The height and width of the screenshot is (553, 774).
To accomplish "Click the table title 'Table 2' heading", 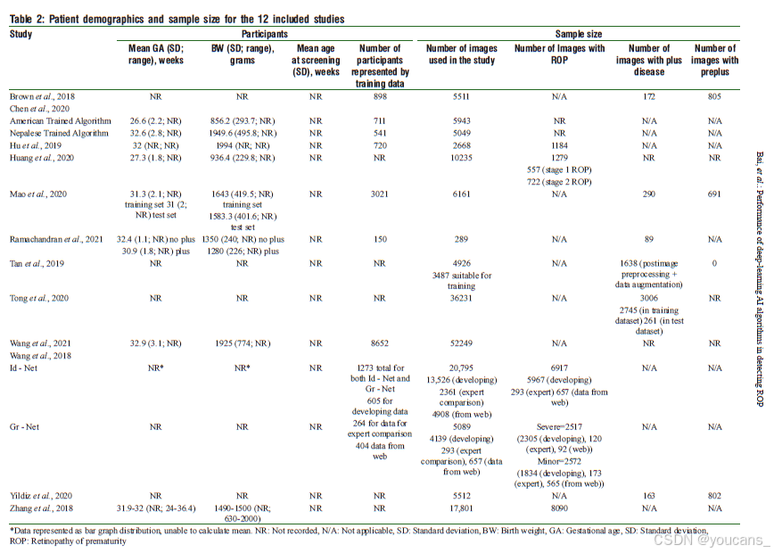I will pyautogui.click(x=177, y=19).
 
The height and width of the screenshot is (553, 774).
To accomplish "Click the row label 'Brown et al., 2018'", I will pyautogui.click(x=42, y=95).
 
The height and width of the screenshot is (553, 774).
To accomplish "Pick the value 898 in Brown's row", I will pyautogui.click(x=381, y=95).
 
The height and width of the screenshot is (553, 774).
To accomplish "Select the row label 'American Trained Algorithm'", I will pyautogui.click(x=61, y=120).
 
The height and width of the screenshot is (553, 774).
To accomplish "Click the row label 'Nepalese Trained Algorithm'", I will pyautogui.click(x=61, y=133).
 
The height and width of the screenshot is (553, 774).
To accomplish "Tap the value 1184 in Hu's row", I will pyautogui.click(x=560, y=145).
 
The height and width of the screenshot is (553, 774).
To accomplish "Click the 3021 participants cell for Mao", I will pyautogui.click(x=381, y=193).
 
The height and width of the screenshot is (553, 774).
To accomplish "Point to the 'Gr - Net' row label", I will pyautogui.click(x=25, y=427).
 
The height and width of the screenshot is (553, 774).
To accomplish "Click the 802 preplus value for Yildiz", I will pyautogui.click(x=714, y=495).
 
